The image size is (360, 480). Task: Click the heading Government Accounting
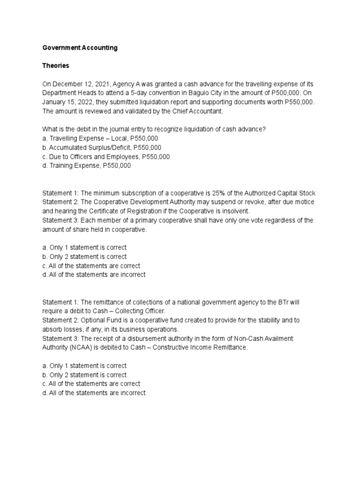coord(80,48)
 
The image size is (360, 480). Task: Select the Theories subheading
coord(56,66)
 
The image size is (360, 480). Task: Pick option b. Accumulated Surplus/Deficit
coord(105,148)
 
